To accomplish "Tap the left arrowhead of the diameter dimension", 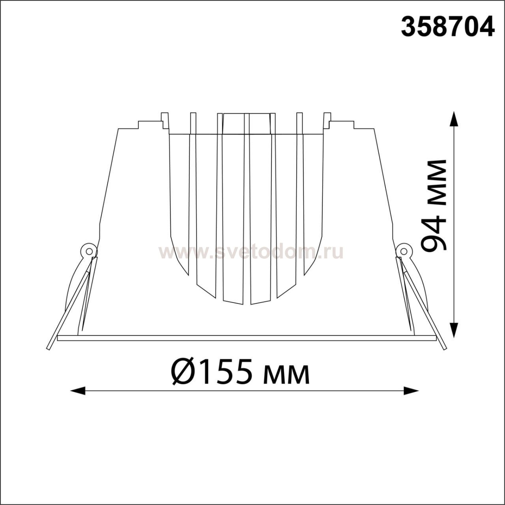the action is click(78, 398).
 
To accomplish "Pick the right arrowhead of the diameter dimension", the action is click(411, 398).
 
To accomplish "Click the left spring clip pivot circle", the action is click(89, 251).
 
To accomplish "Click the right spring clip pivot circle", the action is click(404, 251).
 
